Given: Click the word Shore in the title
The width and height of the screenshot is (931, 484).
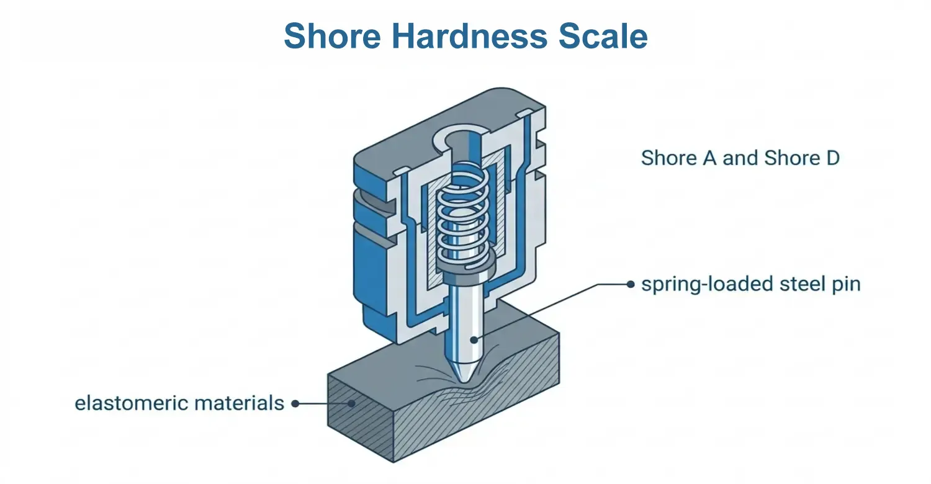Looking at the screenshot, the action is point(332,36).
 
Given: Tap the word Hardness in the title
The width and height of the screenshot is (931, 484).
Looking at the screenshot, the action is point(469,36).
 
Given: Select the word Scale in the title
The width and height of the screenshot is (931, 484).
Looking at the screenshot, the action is point(603,36).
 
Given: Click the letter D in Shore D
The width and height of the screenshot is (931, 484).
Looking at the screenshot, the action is point(832,158).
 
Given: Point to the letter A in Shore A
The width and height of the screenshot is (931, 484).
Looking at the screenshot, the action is point(710,158).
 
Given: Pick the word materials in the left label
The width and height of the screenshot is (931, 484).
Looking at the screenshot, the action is point(239,403).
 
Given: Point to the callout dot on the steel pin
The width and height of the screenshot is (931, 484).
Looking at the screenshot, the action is point(474,340).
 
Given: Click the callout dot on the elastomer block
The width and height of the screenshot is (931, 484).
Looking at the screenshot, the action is point(352,403).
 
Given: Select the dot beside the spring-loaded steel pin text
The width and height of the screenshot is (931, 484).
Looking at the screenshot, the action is point(631,285).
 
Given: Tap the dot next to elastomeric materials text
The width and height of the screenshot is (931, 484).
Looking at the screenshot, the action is point(295,403).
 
